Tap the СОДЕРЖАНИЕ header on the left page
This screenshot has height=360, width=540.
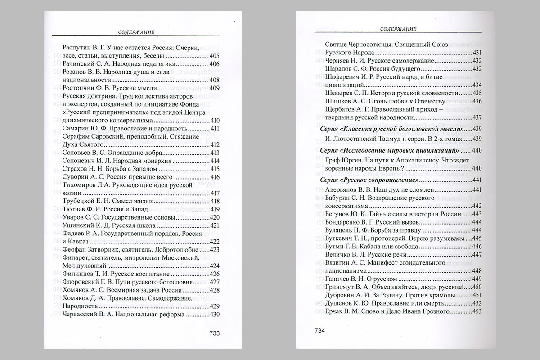136,32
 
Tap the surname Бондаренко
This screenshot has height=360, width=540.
346,222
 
